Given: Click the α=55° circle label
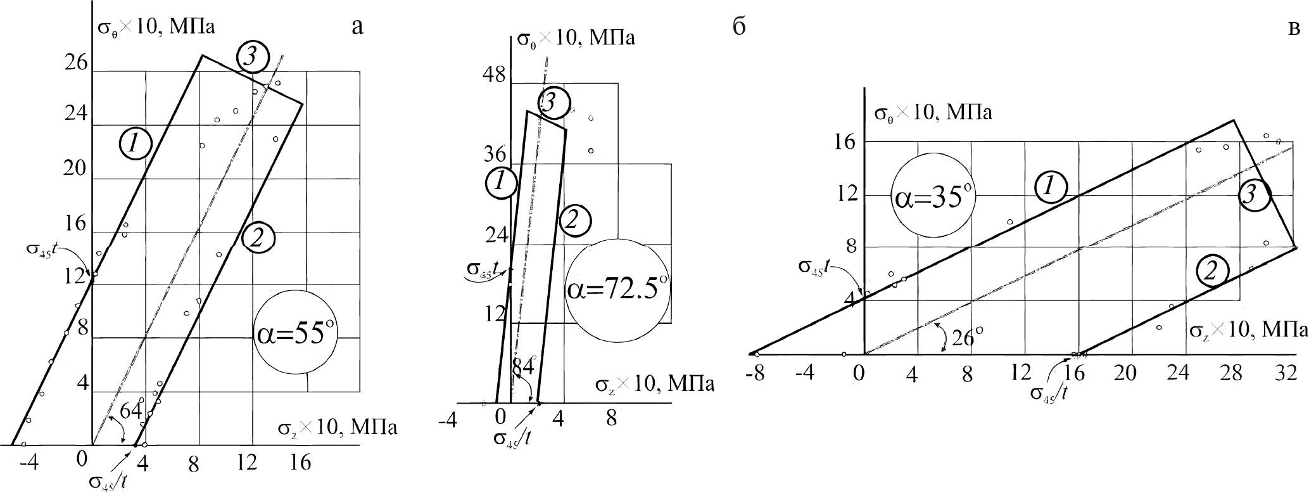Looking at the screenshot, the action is click(x=296, y=335).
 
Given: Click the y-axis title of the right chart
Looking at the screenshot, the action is click(x=932, y=114).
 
